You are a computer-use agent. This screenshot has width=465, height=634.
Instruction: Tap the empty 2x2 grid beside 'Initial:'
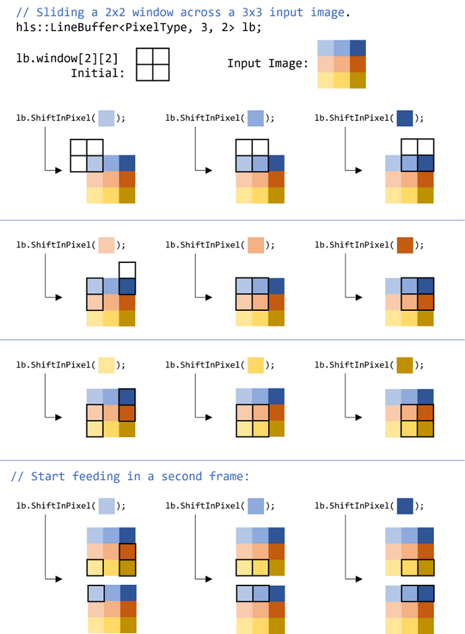pos(153,64)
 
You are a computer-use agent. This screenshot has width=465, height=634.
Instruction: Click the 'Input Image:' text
pos(267,63)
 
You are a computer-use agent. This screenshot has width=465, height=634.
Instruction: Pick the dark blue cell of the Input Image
pos(358,49)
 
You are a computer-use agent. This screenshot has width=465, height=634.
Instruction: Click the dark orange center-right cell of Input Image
pos(358,64)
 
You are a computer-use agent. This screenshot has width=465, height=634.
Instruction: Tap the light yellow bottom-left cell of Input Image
pos(325,80)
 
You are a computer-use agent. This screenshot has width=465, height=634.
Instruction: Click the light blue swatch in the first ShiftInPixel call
pos(107,118)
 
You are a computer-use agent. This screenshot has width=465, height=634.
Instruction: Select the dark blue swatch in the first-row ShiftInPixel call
pos(405,118)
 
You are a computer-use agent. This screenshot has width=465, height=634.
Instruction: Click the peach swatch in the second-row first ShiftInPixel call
pos(107,245)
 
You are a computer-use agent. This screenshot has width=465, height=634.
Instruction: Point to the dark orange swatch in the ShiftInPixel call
pos(405,245)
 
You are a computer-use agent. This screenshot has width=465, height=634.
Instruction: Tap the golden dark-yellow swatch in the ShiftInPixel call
pos(405,365)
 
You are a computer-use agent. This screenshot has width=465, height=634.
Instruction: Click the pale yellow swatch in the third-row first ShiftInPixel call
pos(107,365)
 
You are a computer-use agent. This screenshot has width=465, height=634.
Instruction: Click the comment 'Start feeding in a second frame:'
pos(130,476)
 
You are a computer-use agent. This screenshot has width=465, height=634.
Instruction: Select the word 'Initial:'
pos(98,73)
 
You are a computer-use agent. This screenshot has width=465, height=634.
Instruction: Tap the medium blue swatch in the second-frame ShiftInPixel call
pos(256,505)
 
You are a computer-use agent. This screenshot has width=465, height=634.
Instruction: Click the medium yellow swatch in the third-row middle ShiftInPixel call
pos(256,365)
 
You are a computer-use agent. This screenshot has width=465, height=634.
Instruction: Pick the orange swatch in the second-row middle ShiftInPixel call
pos(256,245)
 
